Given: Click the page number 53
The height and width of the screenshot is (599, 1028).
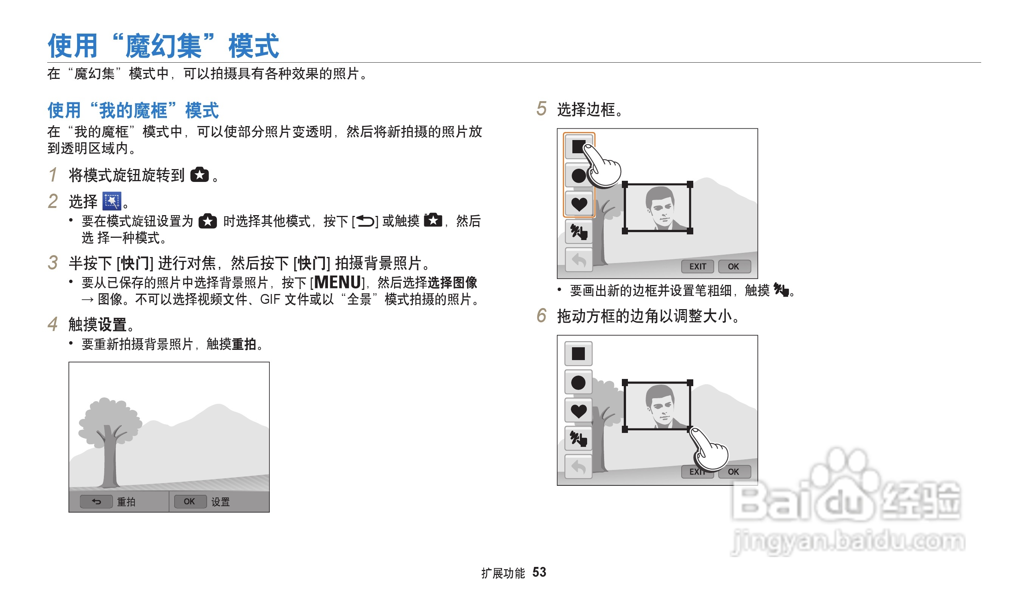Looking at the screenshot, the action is (x=539, y=572).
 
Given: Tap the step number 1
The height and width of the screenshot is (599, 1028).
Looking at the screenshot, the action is (x=53, y=175).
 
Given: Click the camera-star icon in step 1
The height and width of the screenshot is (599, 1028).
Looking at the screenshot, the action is (x=199, y=175).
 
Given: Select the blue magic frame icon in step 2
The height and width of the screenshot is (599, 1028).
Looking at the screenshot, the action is (x=112, y=201).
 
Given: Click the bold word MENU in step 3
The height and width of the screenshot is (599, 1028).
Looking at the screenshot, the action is (x=338, y=282).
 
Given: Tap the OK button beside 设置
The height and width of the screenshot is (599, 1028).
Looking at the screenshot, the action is (x=189, y=501).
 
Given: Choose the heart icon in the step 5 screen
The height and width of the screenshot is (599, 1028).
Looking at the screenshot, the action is (x=579, y=204).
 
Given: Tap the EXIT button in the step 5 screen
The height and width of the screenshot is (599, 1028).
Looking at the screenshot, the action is (x=697, y=266).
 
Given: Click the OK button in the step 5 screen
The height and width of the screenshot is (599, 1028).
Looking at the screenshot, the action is (x=733, y=266).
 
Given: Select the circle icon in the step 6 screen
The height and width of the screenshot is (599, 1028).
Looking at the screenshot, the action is (x=578, y=383).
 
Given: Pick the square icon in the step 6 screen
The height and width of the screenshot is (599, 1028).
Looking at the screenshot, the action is (x=578, y=354).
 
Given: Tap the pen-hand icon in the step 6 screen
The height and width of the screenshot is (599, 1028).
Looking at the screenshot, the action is (x=578, y=439).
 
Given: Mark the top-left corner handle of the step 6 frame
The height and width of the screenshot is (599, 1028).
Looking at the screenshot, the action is (x=625, y=383).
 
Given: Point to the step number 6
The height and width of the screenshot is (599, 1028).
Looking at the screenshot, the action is (x=541, y=316).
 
